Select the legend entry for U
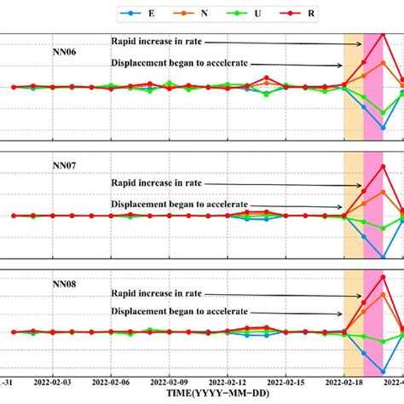240,14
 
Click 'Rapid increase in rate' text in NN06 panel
159,40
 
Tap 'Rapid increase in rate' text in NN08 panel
159,294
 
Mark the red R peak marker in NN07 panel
383,165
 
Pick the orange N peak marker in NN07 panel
383,191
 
